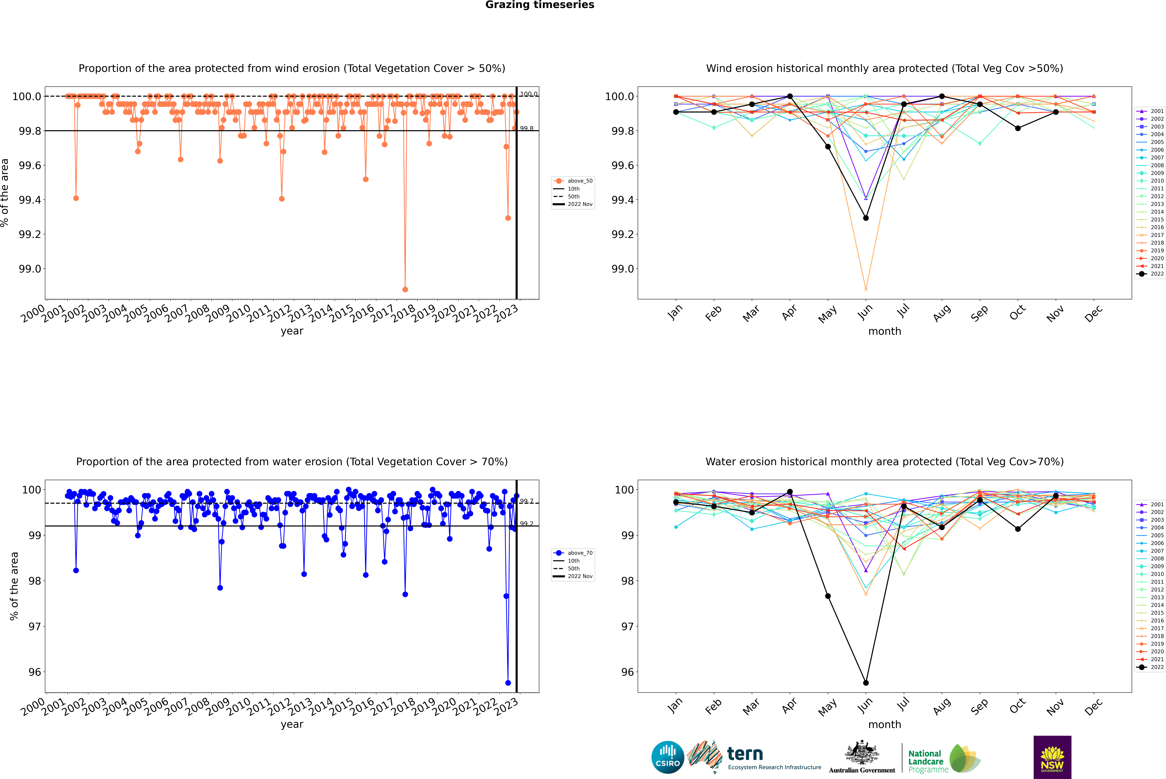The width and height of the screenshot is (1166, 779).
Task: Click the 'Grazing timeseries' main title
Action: pos(540,5)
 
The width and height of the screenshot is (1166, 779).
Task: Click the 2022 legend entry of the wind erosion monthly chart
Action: pos(1151,274)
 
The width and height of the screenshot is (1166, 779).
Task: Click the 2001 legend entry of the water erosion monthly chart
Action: pos(1151,504)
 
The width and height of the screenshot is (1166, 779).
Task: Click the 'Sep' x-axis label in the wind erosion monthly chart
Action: pos(979,313)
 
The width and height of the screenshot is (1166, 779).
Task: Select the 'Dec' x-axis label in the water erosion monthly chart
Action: pos(1093,707)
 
